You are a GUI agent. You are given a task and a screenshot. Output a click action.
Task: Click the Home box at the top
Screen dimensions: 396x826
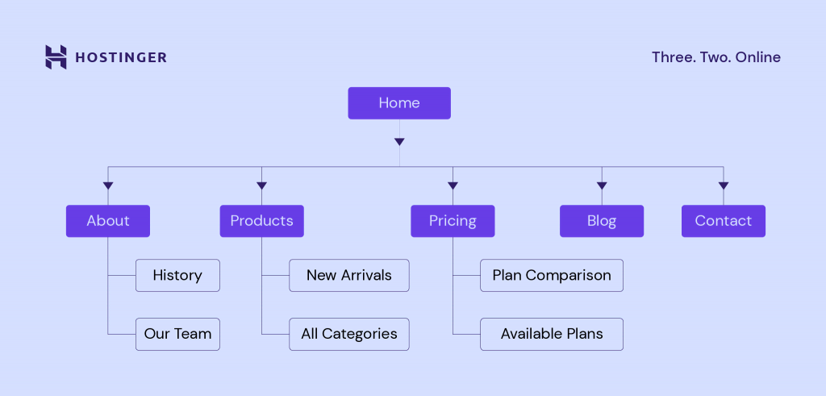coord(399,103)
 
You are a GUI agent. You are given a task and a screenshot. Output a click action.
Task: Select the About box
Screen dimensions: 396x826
coord(108,221)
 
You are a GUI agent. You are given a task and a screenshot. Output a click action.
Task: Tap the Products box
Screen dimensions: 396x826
coord(261,221)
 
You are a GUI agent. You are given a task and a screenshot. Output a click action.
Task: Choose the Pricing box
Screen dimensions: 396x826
coord(453,221)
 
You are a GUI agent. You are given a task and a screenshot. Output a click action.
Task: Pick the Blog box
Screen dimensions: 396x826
coord(602,221)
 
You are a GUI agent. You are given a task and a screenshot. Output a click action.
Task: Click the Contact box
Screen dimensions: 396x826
coord(724,221)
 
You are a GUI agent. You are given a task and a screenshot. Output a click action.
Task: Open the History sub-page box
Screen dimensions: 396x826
coord(177,275)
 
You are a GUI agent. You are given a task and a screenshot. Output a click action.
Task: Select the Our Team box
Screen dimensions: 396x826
coord(177,334)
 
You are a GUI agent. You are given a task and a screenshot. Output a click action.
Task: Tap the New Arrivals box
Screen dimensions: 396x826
coord(349,275)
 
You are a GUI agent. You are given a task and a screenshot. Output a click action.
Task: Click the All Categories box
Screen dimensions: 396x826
coord(349,334)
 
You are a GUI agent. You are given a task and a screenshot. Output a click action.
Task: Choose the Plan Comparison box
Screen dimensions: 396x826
coord(552,275)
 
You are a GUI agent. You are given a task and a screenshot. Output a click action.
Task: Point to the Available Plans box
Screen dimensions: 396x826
coord(552,334)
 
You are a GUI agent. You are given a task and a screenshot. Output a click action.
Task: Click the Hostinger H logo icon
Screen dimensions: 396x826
coord(56,57)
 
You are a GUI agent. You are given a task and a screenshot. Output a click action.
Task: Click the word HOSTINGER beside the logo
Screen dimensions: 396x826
coord(121,57)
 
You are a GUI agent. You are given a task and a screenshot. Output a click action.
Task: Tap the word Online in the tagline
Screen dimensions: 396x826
coord(758,57)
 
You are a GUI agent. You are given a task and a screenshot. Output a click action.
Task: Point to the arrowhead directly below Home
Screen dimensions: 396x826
coord(399,142)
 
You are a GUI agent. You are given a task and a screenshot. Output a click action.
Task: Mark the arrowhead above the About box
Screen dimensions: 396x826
coord(108,186)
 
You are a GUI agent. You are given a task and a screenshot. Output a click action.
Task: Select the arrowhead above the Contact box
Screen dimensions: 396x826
coord(724,186)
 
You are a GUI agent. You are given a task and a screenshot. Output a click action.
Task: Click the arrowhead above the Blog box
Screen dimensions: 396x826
coord(602,186)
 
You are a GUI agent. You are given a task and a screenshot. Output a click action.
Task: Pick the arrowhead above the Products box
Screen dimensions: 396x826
coord(261,186)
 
